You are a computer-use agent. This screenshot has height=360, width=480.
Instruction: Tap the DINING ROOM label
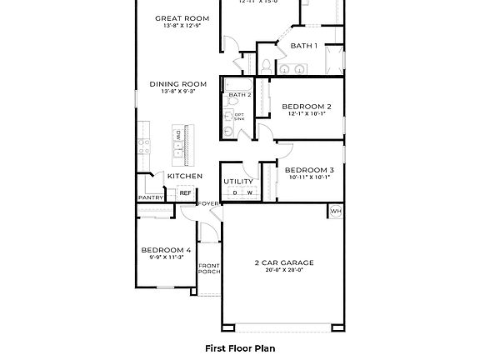(178, 83)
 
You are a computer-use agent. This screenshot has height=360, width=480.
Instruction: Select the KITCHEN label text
(184, 176)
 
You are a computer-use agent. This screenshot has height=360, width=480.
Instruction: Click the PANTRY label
(150, 197)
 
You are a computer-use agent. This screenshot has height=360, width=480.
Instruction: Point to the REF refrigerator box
(185, 193)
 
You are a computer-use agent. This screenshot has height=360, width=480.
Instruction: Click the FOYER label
(207, 203)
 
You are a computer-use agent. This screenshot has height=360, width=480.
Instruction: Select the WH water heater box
(336, 211)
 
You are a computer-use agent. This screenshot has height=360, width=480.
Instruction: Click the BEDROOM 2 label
(306, 107)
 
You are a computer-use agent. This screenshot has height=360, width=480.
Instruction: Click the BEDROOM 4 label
(166, 250)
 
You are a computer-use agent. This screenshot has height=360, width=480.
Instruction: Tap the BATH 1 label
(303, 45)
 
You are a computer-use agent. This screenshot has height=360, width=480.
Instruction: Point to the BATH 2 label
(239, 95)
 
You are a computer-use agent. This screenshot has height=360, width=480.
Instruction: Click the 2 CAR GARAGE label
(284, 262)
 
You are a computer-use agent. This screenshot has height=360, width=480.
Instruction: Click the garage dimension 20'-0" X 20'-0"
(284, 271)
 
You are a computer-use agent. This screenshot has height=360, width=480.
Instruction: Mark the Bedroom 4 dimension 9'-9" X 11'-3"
(166, 257)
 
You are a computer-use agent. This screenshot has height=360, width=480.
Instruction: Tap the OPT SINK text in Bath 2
(239, 117)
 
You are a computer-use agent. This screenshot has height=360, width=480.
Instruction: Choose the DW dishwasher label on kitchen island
(177, 135)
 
